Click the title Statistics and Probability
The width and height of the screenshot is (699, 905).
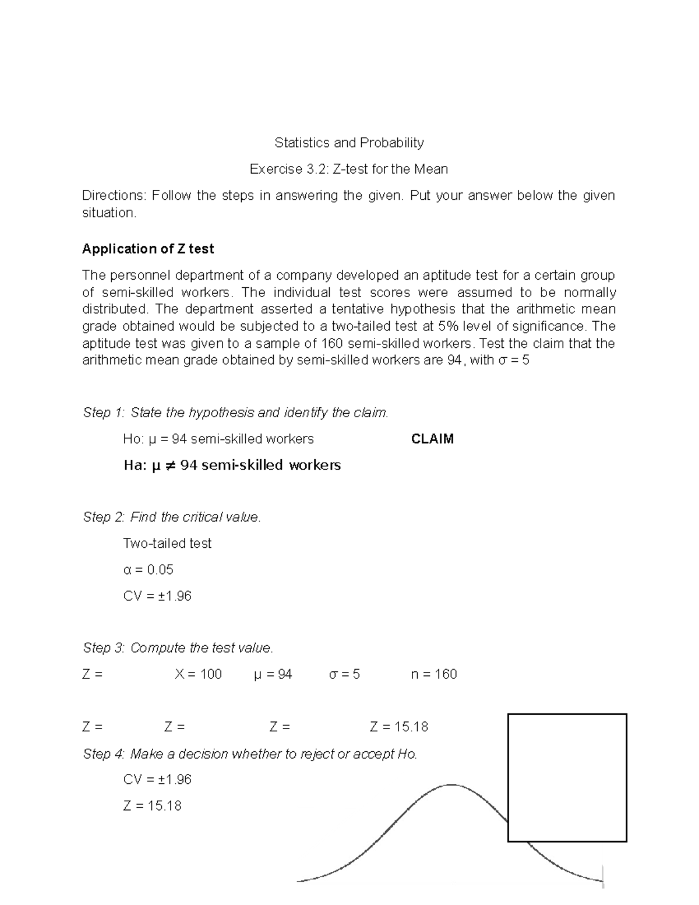tap(349, 143)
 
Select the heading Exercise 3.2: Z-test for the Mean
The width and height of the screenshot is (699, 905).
tap(349, 170)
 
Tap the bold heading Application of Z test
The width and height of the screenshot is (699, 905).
tap(148, 249)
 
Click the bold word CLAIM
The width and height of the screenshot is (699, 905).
tap(432, 439)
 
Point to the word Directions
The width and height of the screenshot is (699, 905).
tap(114, 196)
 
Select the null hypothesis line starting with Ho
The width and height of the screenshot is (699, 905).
tap(218, 439)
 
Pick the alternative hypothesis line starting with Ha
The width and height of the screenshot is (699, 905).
tap(232, 465)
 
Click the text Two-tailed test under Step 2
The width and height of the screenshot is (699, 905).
tap(167, 543)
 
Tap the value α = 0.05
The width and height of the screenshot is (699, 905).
tap(149, 569)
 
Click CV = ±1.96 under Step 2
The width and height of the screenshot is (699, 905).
tap(157, 596)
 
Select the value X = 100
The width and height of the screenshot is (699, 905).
tap(198, 674)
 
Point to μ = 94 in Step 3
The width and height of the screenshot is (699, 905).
tap(273, 674)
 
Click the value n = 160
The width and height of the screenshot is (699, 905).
tap(433, 674)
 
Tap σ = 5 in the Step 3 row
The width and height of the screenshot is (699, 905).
tap(344, 674)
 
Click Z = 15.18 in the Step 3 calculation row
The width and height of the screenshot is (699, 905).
tap(399, 727)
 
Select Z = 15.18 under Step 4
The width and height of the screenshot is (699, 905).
tap(153, 806)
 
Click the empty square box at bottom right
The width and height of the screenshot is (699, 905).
tap(567, 777)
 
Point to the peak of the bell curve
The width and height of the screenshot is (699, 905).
tap(451, 786)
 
